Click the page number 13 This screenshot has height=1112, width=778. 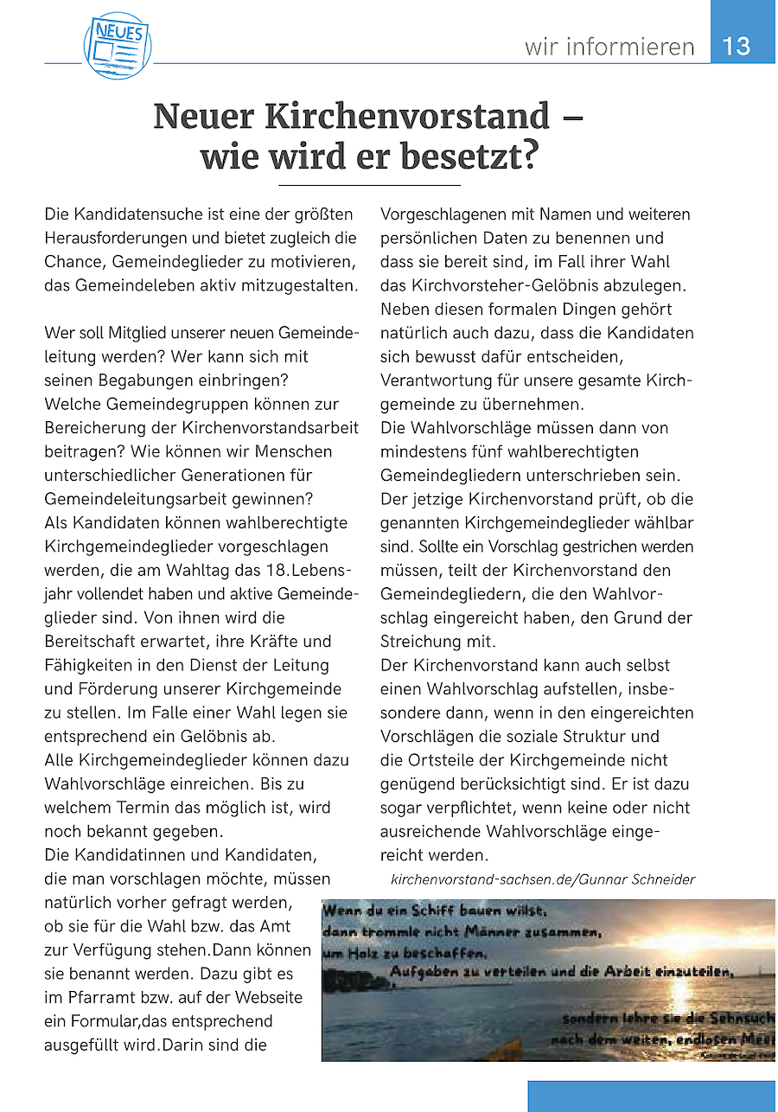[737, 45]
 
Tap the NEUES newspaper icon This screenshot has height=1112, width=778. [118, 45]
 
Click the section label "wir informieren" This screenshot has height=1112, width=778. [609, 46]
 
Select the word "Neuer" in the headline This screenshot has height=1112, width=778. [204, 117]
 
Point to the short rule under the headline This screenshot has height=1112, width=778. [369, 185]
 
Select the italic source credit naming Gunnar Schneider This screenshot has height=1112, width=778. [543, 879]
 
